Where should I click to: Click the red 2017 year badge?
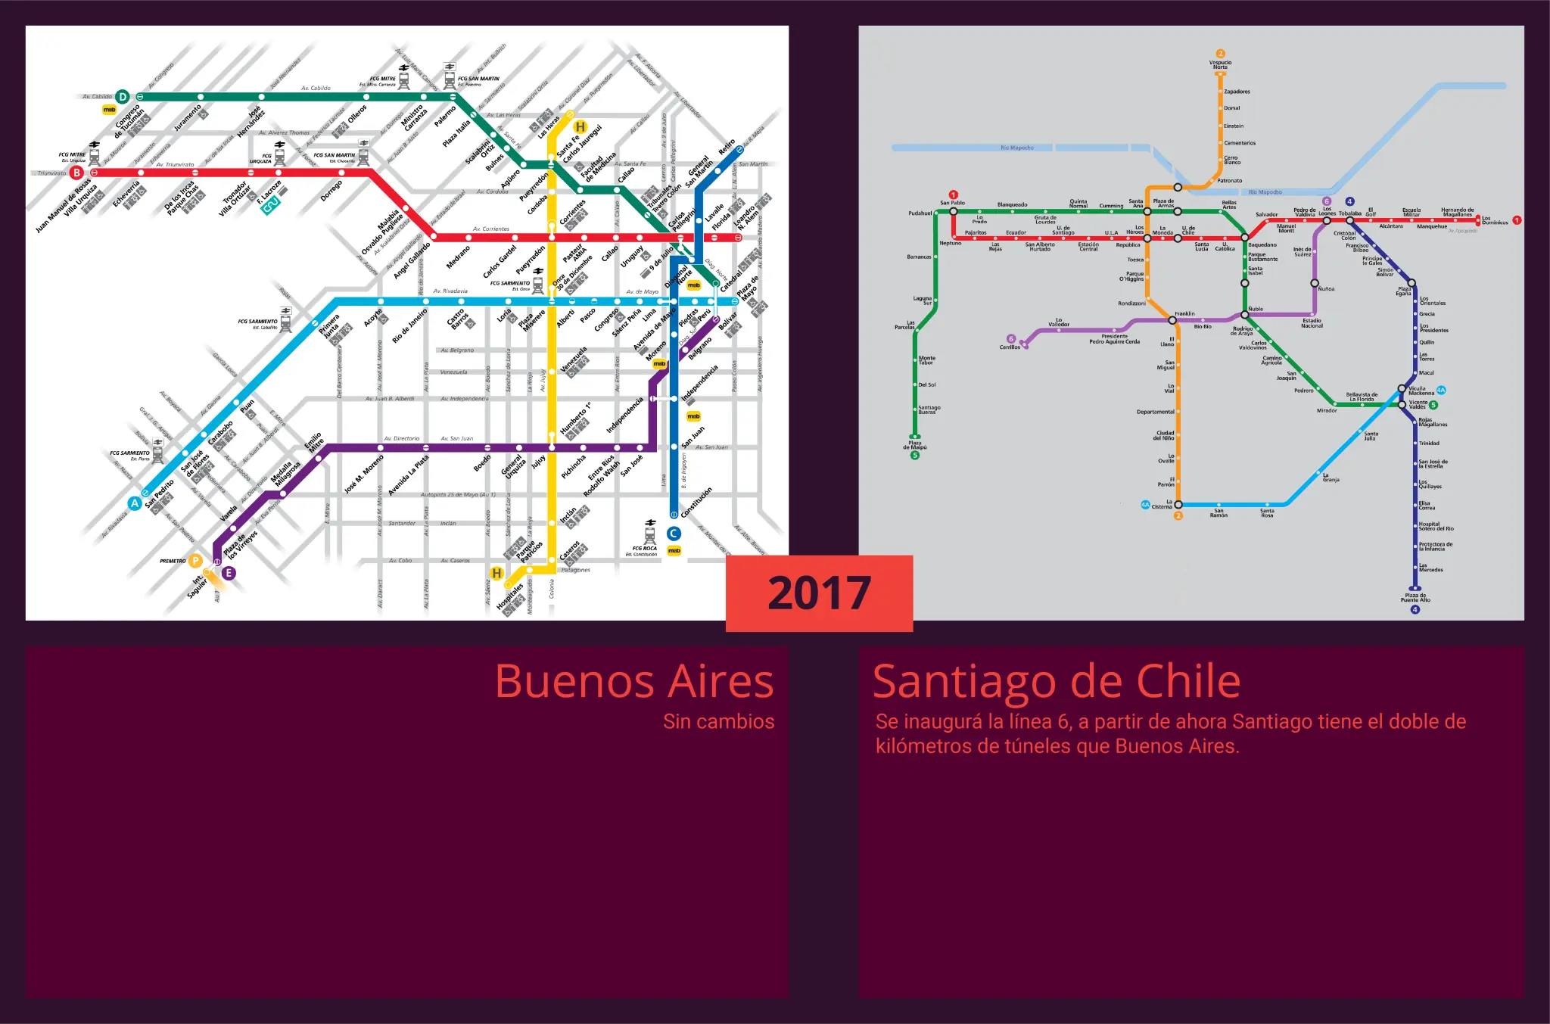819,593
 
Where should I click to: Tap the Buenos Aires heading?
634,681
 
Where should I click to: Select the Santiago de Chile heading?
1057,681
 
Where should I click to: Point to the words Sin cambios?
718,721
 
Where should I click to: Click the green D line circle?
122,96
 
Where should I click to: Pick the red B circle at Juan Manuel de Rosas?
76,173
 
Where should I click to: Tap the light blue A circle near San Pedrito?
135,503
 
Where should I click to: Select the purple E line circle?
229,573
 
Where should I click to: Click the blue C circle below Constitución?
673,534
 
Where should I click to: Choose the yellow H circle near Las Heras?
580,126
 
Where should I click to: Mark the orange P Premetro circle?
195,561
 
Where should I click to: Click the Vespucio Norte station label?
1220,64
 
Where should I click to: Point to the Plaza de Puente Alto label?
1415,598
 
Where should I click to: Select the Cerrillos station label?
1009,347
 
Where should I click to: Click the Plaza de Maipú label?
914,445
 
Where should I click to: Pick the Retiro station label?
727,147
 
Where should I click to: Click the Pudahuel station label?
920,213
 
